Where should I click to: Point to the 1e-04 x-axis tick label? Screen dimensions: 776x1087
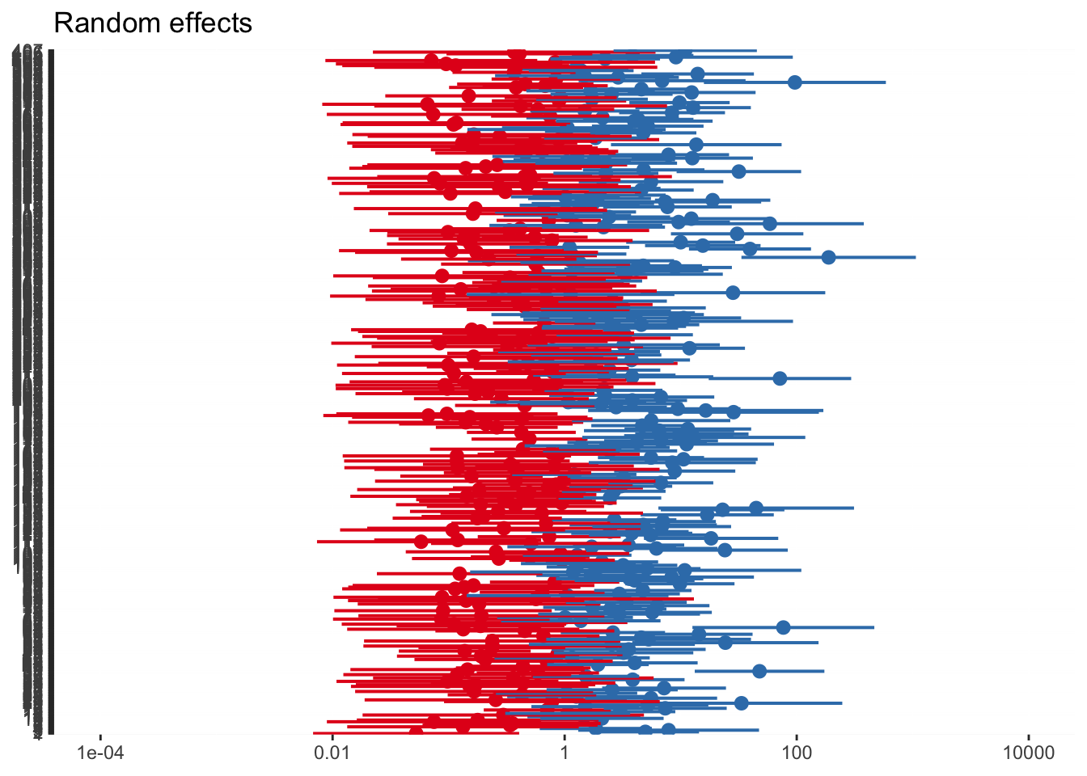pos(100,753)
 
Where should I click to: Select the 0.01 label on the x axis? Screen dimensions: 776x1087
pos(332,753)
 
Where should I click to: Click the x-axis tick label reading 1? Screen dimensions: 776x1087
pos(565,753)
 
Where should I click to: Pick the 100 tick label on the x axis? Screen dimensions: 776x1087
pos(797,753)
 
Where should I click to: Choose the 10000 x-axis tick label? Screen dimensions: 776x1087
pos(1029,753)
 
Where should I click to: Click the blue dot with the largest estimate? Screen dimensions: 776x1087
pos(828,257)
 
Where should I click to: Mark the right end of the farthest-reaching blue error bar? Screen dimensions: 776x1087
pos(916,257)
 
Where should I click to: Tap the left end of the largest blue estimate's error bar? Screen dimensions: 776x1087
pos(742,257)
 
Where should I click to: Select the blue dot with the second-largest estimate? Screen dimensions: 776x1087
pos(795,82)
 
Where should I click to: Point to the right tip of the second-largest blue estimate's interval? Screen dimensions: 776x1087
pos(886,82)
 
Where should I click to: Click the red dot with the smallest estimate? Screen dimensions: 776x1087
pos(416,732)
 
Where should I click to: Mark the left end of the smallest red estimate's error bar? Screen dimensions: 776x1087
pos(314,732)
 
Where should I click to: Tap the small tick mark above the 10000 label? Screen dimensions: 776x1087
pos(1029,737)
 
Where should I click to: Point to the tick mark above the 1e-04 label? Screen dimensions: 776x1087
pos(100,737)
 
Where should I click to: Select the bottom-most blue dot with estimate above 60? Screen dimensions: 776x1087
pos(741,703)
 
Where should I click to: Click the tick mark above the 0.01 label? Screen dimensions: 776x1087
pos(332,737)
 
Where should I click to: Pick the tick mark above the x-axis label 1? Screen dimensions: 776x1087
pos(565,737)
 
